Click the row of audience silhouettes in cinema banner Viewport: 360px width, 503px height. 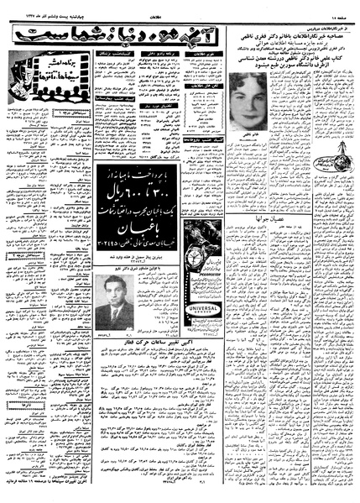click(x=43, y=88)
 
